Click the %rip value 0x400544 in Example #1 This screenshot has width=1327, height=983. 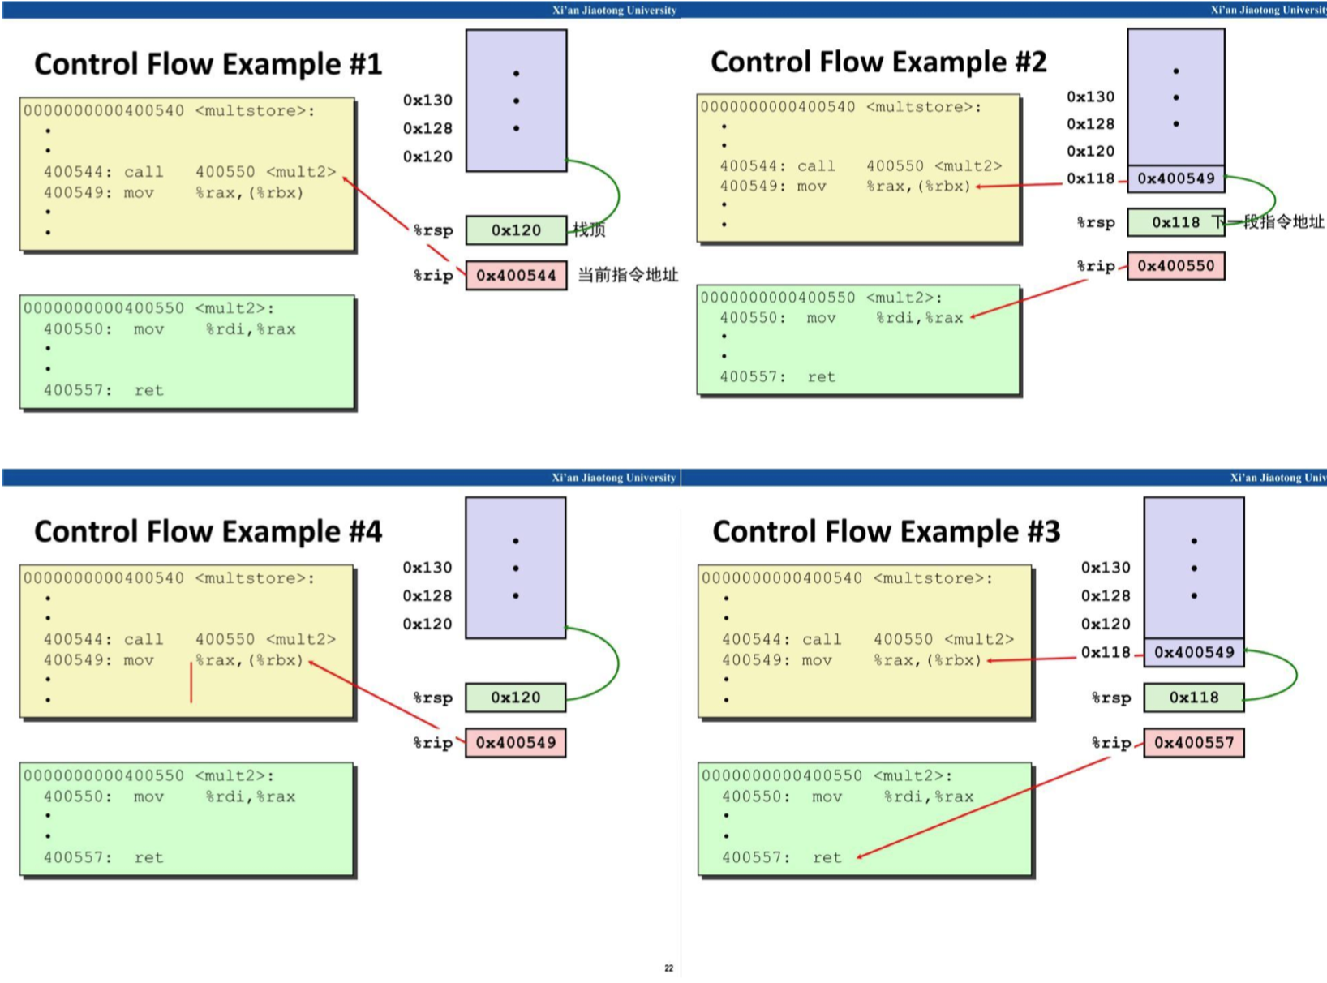point(516,276)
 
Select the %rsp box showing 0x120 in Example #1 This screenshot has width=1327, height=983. point(516,230)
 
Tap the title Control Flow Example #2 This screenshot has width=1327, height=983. point(878,62)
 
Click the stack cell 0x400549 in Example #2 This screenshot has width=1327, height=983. point(1175,178)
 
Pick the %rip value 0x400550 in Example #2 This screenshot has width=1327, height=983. point(1175,266)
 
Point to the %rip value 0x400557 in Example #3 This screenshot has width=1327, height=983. point(1193,743)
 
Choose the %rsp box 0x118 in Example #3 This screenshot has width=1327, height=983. point(1193,698)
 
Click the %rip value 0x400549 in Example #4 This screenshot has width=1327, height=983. point(516,743)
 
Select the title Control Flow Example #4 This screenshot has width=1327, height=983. point(208,532)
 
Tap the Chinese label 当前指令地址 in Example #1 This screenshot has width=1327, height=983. point(628,275)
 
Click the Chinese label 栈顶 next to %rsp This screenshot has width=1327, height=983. point(589,230)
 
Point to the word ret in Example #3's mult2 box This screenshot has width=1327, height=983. point(827,858)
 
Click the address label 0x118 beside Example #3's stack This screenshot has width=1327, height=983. point(1106,652)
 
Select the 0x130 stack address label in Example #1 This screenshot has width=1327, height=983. point(427,101)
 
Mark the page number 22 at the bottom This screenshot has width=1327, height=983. point(668,968)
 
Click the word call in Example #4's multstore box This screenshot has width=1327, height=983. point(144,640)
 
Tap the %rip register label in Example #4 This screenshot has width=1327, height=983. point(432,743)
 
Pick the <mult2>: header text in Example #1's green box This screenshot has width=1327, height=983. point(234,309)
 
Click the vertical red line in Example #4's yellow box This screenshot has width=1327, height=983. point(191,682)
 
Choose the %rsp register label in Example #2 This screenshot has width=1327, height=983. point(1096,222)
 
